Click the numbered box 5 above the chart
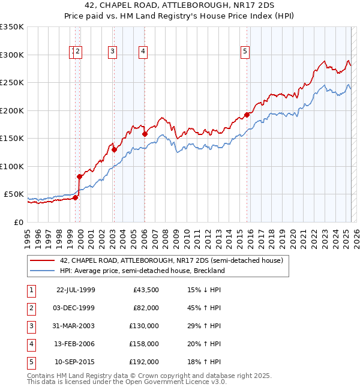coord(245,52)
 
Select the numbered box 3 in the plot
coord(112,52)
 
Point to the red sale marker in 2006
coord(145,134)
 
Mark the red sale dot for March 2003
coord(113,150)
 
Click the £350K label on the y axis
coord(11,27)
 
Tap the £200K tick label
coord(11,110)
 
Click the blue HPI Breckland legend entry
coord(142,271)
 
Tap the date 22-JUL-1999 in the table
coord(75,290)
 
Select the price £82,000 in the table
coord(146,308)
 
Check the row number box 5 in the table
coord(30,362)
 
